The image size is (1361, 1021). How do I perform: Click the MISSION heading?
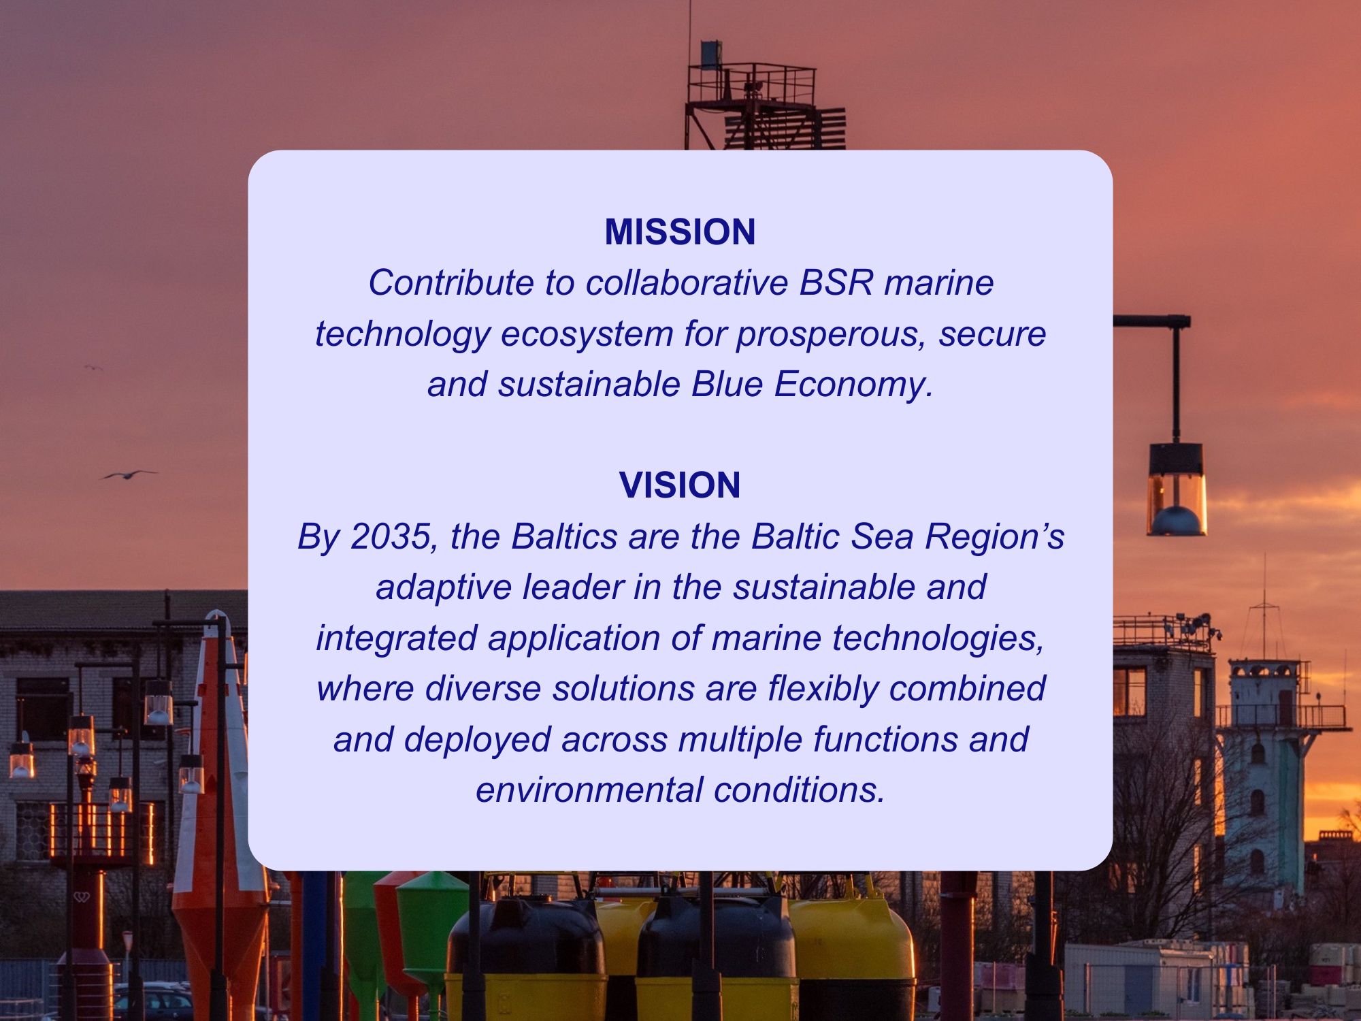pos(680,232)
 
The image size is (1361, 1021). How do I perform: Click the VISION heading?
pos(680,485)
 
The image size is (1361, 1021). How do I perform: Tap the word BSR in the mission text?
pos(836,282)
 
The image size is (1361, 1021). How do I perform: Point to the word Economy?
pos(853,385)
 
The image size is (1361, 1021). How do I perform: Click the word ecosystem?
pos(587,334)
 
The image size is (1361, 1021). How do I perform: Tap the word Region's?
pos(994,536)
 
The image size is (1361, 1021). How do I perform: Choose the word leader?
pos(572,587)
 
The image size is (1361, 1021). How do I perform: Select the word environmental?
pos(589,790)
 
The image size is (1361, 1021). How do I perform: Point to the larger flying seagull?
pos(128,474)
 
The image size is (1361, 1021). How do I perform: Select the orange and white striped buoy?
pos(219,817)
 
